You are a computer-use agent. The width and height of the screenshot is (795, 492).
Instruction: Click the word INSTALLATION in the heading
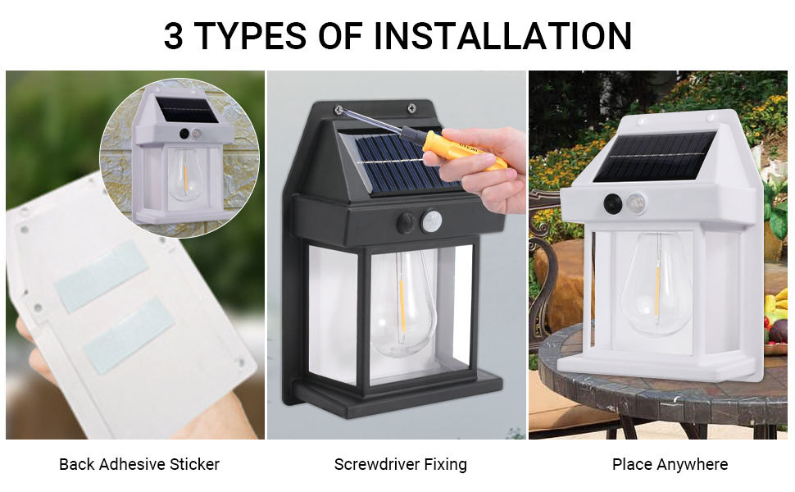(x=503, y=36)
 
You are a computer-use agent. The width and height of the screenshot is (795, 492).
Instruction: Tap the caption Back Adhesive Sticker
(x=139, y=464)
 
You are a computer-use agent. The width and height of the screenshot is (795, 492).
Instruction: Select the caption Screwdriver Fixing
(x=400, y=464)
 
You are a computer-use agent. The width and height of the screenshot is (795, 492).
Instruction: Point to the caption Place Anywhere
(x=670, y=464)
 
